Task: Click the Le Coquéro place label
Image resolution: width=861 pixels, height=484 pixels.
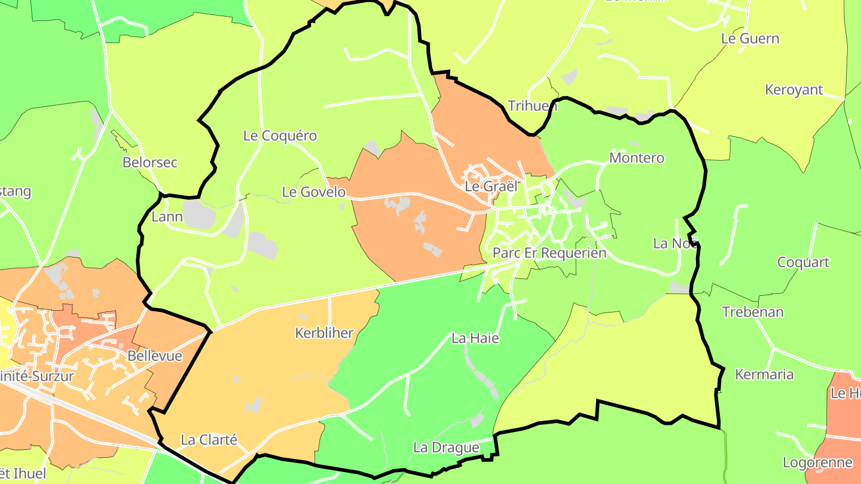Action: (280, 136)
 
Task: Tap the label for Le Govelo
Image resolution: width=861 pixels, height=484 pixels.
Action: (313, 192)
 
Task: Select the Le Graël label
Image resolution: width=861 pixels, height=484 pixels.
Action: (490, 186)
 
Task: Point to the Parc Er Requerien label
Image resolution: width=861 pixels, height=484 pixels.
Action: (549, 253)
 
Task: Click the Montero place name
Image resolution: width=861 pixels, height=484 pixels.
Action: (636, 158)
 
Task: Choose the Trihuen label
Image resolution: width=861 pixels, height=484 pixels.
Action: (532, 106)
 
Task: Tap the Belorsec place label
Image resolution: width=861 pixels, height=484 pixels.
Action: (150, 163)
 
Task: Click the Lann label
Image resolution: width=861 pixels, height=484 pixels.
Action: (167, 216)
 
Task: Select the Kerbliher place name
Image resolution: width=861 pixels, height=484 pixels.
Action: (324, 333)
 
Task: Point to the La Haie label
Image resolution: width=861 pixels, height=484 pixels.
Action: (475, 338)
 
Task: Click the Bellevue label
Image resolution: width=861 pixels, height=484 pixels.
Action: (154, 356)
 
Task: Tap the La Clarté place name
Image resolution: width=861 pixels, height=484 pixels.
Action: (209, 440)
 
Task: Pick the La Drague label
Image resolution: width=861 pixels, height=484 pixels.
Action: (446, 448)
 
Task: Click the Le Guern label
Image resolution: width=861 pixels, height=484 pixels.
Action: (750, 39)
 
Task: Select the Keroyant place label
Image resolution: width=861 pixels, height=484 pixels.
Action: (794, 90)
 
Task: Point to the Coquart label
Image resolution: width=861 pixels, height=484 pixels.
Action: (803, 262)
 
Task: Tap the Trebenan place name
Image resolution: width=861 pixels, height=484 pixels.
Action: (753, 312)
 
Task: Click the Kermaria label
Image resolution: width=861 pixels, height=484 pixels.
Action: (764, 375)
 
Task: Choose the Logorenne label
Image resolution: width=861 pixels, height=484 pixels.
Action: (817, 462)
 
